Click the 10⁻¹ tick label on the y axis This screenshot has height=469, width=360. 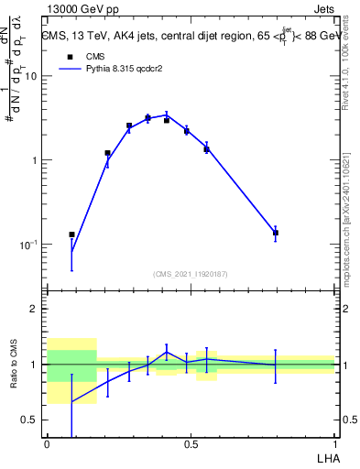point(29,245)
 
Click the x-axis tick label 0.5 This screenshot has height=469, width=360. point(191,443)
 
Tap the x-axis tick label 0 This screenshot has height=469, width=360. point(47,443)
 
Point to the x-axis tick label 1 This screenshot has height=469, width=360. point(334,443)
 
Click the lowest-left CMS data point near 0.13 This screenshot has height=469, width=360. point(71,234)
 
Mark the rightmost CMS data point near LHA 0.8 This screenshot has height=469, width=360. point(275,233)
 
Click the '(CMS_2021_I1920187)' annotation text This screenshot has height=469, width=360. point(191,274)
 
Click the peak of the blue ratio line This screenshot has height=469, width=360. point(167,352)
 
